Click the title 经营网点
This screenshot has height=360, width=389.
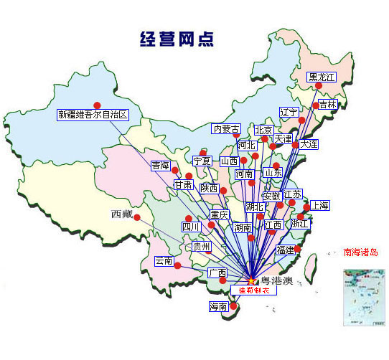coord(176,39)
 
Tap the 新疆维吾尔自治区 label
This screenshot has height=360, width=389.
coord(93,114)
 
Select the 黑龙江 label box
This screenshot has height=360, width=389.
coord(322,77)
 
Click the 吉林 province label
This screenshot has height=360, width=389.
coord(327,104)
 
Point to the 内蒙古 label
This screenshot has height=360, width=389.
coord(227,129)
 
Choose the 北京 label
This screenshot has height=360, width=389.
coord(263,131)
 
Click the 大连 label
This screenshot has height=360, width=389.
coord(309,144)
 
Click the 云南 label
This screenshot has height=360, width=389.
coord(164,261)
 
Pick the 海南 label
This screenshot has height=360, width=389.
coord(218,306)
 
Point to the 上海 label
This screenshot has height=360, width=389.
coord(319,206)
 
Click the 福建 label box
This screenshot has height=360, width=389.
coord(285,250)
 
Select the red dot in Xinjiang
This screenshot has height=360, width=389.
coord(97,105)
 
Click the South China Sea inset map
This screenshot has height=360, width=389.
coord(364,297)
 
